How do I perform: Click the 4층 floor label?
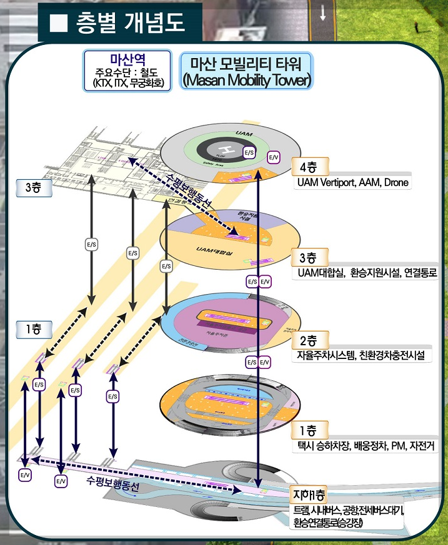tap(309, 167)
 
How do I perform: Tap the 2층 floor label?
tap(309, 341)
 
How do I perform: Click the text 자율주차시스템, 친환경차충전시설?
tap(361, 355)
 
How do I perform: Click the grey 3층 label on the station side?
tap(33, 187)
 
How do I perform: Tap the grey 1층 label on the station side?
tap(33, 328)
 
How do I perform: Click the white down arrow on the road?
tap(323, 12)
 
